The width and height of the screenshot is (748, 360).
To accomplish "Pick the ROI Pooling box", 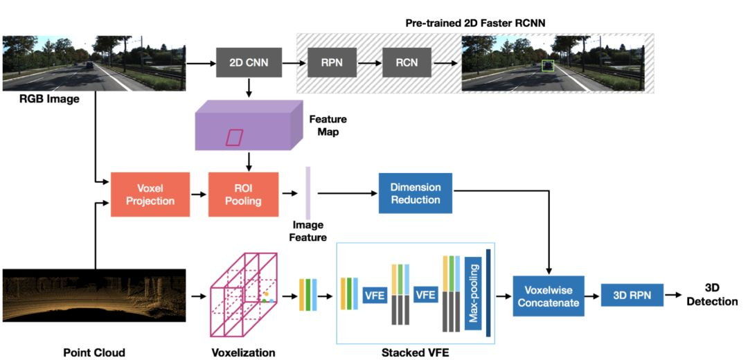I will click(243, 195).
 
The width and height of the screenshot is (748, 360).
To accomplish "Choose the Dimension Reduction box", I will click(415, 193).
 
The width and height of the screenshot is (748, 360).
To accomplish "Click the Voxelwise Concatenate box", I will click(548, 296).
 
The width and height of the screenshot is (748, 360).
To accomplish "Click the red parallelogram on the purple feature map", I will click(235, 137).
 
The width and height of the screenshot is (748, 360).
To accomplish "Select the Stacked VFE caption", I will click(415, 352).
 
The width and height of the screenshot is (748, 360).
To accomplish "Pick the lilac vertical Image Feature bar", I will click(308, 194).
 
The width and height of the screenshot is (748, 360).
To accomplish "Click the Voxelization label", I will click(243, 352).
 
